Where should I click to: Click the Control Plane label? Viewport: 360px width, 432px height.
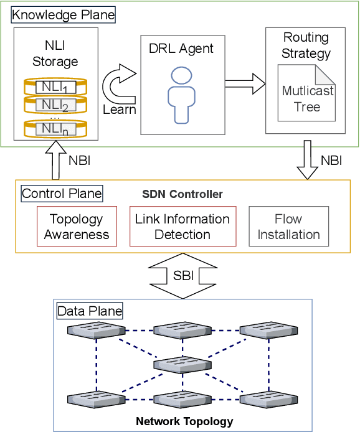click(62, 194)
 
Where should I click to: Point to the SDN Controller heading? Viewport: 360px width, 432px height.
click(182, 194)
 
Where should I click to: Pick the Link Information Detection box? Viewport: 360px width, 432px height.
click(182, 227)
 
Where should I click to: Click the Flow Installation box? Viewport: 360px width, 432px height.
click(288, 227)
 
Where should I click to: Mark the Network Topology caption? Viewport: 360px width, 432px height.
click(184, 421)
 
